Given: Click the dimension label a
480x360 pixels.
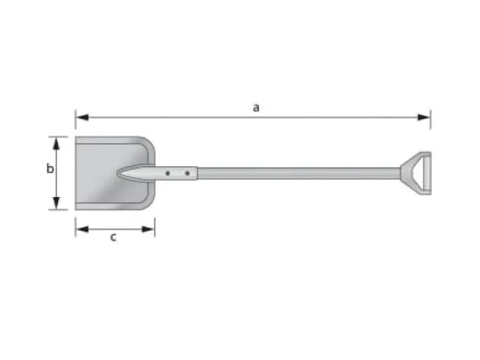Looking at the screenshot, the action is (256, 108).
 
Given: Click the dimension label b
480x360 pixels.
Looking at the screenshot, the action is (50, 168).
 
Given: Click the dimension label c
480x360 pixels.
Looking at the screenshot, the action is (113, 238).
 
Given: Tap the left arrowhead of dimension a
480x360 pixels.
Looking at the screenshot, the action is (83, 118).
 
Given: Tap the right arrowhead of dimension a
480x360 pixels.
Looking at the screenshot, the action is (424, 118).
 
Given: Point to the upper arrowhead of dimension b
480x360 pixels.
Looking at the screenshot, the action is (56, 143).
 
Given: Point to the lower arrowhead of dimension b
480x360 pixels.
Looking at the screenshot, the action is (56, 204).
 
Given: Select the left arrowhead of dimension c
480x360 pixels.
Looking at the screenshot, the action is (83, 229).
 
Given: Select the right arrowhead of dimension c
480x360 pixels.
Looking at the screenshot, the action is (148, 229).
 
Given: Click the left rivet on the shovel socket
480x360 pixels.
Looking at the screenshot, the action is (168, 173).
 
